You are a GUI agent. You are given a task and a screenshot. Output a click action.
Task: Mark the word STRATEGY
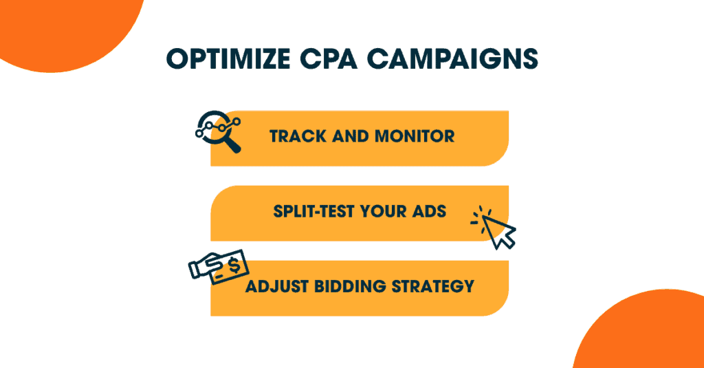coord(432,285)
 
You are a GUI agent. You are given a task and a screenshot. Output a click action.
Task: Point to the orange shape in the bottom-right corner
coord(646,337)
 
